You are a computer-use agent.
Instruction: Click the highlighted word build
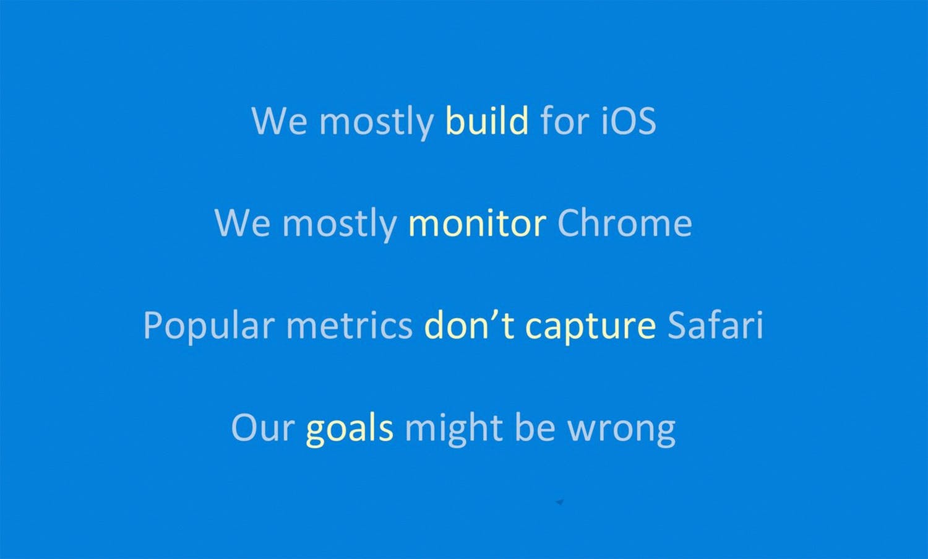click(488, 120)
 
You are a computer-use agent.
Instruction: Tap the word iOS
click(629, 120)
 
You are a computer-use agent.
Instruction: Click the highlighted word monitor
click(477, 223)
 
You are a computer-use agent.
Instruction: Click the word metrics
click(350, 325)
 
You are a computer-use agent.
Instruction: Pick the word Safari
click(715, 324)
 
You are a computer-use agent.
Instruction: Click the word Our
click(263, 428)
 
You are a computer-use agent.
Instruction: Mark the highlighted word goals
click(350, 430)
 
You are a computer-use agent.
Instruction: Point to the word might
click(453, 430)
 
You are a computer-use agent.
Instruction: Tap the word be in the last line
click(535, 427)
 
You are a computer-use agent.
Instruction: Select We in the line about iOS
click(280, 120)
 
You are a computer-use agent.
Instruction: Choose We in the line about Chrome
click(243, 223)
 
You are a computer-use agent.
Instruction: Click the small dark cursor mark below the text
click(560, 502)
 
